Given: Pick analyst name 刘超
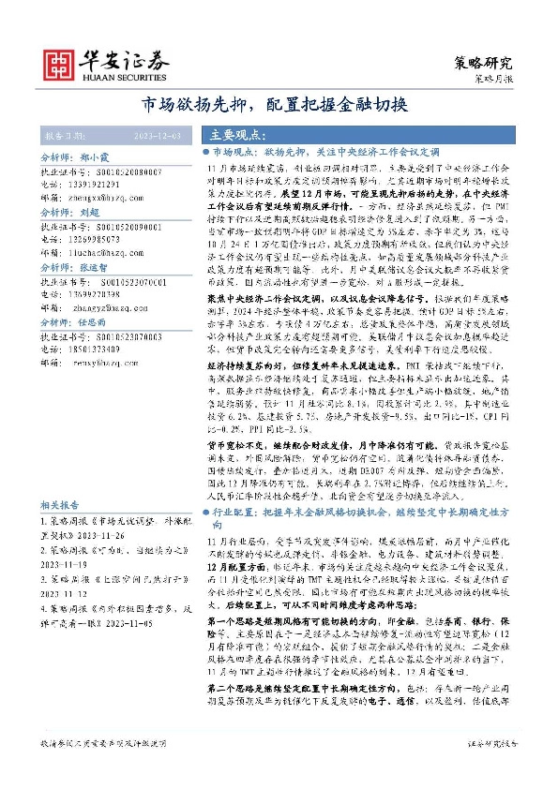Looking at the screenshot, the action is pyautogui.click(x=89, y=213).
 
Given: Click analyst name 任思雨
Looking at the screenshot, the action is pyautogui.click(x=95, y=320).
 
